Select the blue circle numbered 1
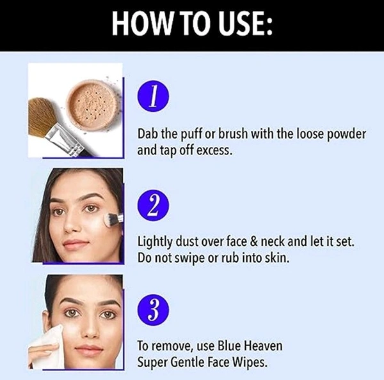point(153,96)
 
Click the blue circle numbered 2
point(153,205)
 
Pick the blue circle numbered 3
point(153,310)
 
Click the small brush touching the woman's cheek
point(113,218)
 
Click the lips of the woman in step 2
point(76,243)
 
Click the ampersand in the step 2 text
point(255,241)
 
